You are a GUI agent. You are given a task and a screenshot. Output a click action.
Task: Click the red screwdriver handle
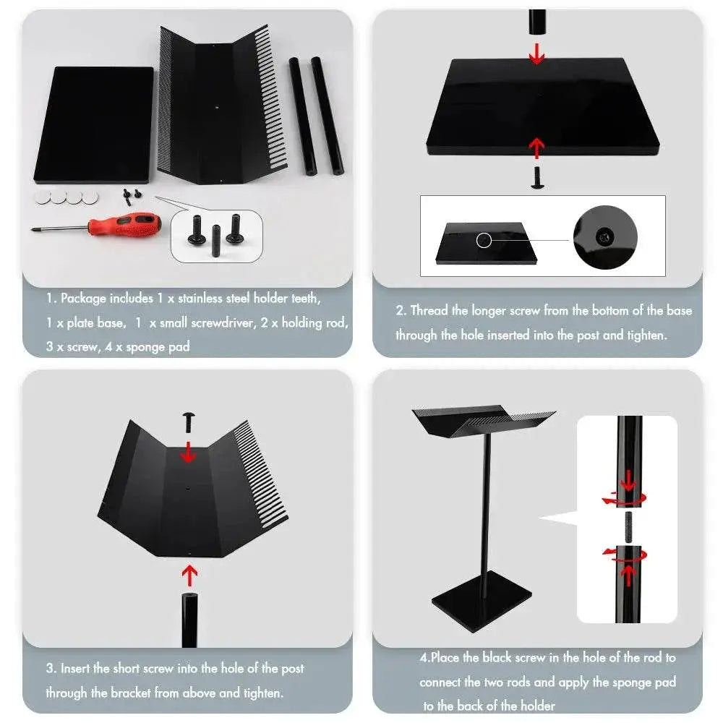pyautogui.click(x=124, y=225)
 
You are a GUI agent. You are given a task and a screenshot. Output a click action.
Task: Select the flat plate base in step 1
pyautogui.click(x=94, y=125)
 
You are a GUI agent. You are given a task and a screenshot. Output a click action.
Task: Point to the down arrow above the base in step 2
pyautogui.click(x=536, y=54)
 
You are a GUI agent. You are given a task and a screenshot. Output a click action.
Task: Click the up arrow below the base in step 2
pyautogui.click(x=536, y=147)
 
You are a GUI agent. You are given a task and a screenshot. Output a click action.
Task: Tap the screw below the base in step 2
pyautogui.click(x=536, y=178)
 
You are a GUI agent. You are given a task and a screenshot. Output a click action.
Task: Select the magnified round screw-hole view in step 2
pyautogui.click(x=605, y=237)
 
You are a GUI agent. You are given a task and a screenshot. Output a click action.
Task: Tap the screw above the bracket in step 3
pyautogui.click(x=189, y=422)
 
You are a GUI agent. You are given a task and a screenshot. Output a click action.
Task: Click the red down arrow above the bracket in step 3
pyautogui.click(x=188, y=452)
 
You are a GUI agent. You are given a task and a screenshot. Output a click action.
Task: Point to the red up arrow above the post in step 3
pyautogui.click(x=189, y=576)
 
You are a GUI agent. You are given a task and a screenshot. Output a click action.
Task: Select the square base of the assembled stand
pyautogui.click(x=482, y=602)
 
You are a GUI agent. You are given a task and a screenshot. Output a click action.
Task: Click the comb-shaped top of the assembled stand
pyautogui.click(x=482, y=420)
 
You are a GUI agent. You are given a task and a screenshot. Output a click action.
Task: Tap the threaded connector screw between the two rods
pyautogui.click(x=628, y=527)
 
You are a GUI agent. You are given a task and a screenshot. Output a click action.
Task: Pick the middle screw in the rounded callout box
pyautogui.click(x=215, y=241)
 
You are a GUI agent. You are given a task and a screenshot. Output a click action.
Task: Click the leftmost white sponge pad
pyautogui.click(x=42, y=197)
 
